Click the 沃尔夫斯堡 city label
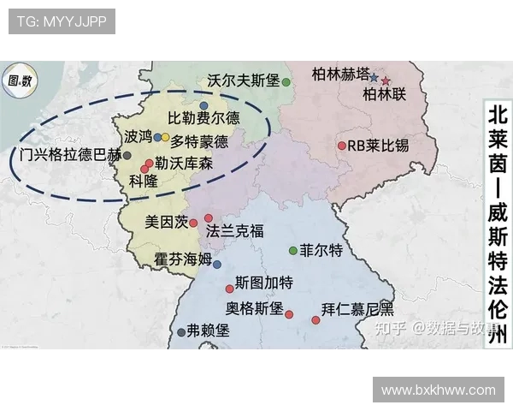pyautogui.click(x=244, y=80)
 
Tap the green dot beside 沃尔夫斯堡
pyautogui.click(x=286, y=82)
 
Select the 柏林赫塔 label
pyautogui.click(x=341, y=73)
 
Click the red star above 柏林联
pyautogui.click(x=386, y=80)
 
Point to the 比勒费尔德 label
pyautogui.click(x=203, y=118)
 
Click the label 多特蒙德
pyautogui.click(x=199, y=141)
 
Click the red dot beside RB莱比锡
pyautogui.click(x=341, y=146)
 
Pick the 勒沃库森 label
pyautogui.click(x=184, y=163)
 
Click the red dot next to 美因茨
pyautogui.click(x=194, y=223)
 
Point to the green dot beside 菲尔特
pyautogui.click(x=292, y=251)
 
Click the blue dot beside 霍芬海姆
pyautogui.click(x=217, y=265)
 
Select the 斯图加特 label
pyautogui.click(x=264, y=282)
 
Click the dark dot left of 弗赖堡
pyautogui.click(x=180, y=332)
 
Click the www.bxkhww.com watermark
pyautogui.click(x=438, y=390)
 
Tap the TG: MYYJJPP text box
pyautogui.click(x=62, y=21)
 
